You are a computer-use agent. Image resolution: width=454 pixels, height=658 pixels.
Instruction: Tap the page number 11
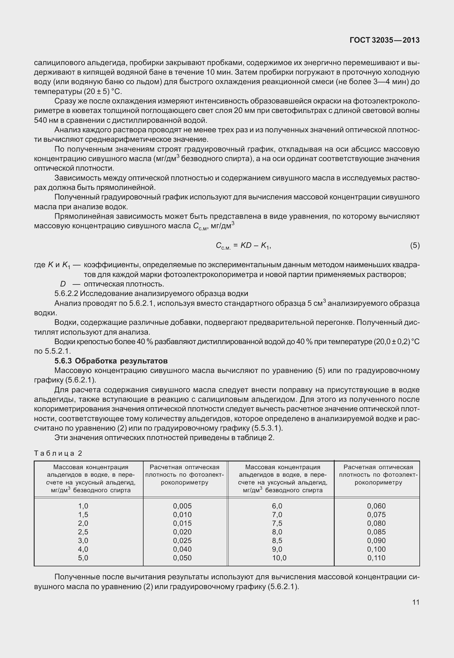[x=416, y=602]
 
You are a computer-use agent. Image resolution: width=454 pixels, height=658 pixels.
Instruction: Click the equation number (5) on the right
[x=415, y=246]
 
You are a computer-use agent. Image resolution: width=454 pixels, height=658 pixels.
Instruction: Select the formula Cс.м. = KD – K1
[x=243, y=246]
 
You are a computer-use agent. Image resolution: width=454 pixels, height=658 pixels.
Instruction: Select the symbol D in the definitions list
[x=63, y=284]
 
